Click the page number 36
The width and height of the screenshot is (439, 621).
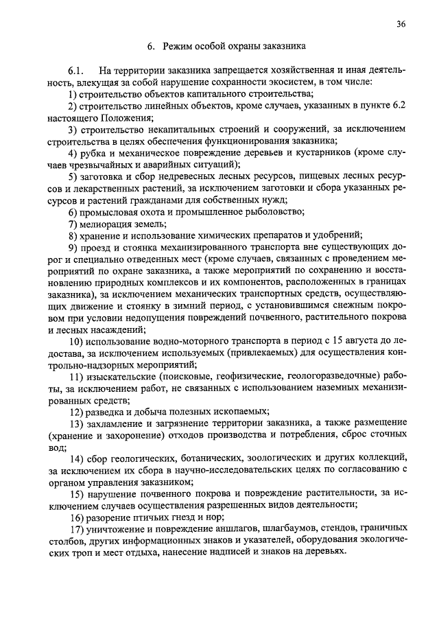[x=401, y=24]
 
